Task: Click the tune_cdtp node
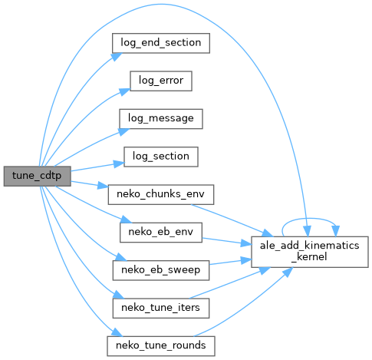[37, 176]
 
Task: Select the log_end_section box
[161, 43]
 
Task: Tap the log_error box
[161, 81]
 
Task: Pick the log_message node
[161, 119]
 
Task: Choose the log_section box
[161, 157]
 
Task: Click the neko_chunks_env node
[161, 194]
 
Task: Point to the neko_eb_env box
[161, 233]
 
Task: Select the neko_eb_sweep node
[161, 270]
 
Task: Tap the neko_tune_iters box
[161, 308]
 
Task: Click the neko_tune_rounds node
[161, 346]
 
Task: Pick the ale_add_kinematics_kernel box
[310, 252]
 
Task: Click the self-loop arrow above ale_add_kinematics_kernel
[309, 219]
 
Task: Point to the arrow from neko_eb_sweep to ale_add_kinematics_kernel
[230, 262]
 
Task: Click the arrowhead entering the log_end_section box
[117, 57]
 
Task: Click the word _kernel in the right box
[310, 257]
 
